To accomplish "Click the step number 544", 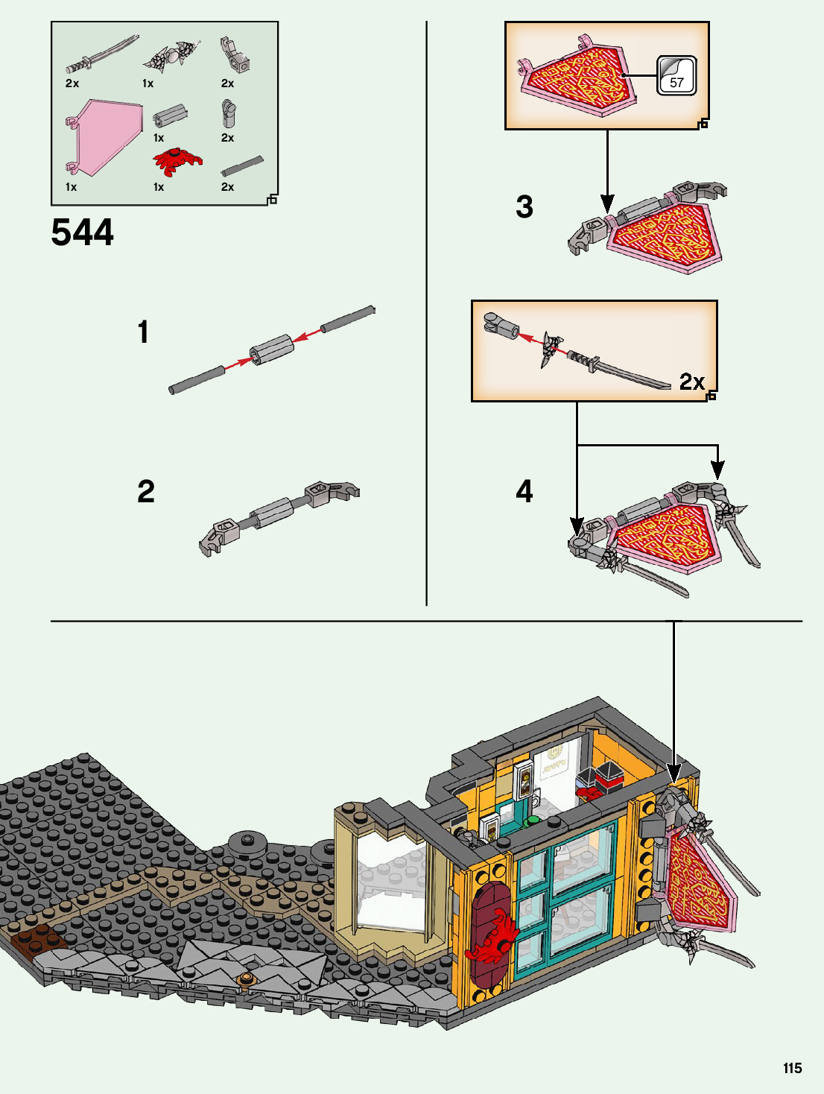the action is tap(83, 233).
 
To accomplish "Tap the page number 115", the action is tap(792, 1068).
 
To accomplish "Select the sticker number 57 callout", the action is tap(676, 76).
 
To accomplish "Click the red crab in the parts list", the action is tap(177, 161).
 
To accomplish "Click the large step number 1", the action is tap(143, 332).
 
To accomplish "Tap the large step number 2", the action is tap(146, 492).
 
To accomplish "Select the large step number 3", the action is tap(524, 207).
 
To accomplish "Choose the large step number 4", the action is tap(524, 492).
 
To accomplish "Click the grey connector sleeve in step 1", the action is tap(271, 350).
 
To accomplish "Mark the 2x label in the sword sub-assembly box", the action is tap(691, 382).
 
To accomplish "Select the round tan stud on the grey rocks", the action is tap(247, 978).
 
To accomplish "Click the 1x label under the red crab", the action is tap(159, 187).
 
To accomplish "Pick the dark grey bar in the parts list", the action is tap(242, 166).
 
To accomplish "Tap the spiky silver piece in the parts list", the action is tap(173, 56).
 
